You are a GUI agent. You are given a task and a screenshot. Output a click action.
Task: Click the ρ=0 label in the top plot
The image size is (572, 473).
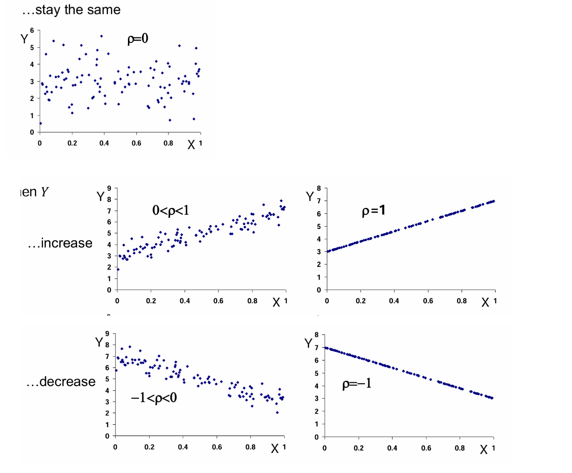click(138, 39)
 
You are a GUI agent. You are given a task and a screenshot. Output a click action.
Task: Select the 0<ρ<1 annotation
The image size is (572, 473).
click(171, 210)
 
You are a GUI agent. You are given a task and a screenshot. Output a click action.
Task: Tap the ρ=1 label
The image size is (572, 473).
click(374, 211)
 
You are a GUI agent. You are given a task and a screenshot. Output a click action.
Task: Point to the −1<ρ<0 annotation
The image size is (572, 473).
click(154, 398)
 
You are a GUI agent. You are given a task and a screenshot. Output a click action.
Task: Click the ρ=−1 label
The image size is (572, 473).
click(357, 384)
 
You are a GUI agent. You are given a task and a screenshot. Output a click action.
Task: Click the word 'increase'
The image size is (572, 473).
click(66, 243)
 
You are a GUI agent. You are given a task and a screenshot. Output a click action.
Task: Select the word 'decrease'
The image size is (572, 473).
click(68, 382)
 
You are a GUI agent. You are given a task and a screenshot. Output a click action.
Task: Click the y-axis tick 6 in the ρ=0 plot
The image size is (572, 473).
click(32, 30)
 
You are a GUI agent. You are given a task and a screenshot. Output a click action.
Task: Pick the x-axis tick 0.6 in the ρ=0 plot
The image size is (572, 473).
click(136, 143)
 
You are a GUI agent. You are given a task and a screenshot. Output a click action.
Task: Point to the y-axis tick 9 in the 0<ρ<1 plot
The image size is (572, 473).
click(109, 188)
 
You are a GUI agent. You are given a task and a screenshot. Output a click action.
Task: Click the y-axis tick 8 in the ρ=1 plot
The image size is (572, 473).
click(319, 188)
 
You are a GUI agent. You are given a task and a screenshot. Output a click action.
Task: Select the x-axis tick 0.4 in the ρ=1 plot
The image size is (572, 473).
click(394, 301)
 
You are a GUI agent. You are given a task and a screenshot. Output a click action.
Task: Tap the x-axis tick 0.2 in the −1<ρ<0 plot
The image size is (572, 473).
click(149, 447)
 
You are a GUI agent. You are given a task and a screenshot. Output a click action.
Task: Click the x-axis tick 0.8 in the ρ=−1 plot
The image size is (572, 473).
click(459, 448)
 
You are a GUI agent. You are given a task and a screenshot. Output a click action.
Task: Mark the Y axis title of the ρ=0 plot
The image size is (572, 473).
click(24, 39)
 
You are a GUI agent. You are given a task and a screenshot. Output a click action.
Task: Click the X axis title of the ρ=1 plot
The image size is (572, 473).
click(486, 303)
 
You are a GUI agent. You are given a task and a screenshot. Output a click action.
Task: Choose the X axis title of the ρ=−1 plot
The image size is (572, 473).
click(484, 450)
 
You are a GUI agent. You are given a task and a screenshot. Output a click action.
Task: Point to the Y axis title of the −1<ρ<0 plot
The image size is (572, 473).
click(99, 343)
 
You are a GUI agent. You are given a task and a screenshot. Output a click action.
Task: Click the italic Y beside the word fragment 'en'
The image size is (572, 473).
click(44, 192)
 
